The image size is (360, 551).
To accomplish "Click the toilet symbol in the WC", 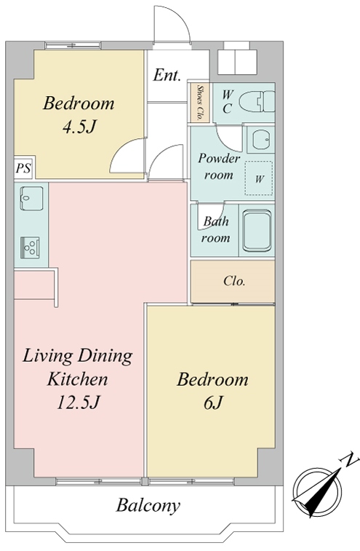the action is coord(257,102).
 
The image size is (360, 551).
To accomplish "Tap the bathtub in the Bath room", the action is coord(257,231).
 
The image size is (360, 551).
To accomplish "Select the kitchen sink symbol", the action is coord(31,199).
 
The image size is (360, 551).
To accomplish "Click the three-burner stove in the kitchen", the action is coord(30,247).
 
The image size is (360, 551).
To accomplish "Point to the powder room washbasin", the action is coord(261,139).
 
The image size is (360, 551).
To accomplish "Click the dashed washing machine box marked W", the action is coord(259,178).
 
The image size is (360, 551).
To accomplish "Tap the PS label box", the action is coord(24,167).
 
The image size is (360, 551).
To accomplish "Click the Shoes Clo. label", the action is coord(200,103).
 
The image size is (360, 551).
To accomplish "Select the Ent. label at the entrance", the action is coord(167,75).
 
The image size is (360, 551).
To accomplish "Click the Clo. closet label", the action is coord(234,281).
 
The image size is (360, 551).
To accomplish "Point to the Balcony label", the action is coord(148,506).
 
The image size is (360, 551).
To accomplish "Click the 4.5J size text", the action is coord(79,127).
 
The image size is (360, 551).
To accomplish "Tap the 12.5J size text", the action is coord(79,403).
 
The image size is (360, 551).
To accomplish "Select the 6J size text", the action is coord(213,403).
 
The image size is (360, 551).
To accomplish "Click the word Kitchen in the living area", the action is coord(77,379).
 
